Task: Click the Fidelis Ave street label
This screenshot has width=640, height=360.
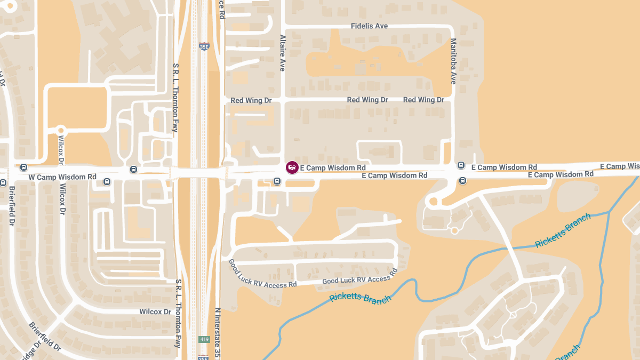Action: click(369, 26)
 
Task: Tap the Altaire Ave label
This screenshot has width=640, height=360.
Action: click(283, 53)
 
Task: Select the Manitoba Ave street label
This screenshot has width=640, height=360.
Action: click(453, 61)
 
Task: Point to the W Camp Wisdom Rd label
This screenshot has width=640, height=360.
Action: click(62, 177)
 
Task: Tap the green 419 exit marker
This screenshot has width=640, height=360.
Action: click(204, 339)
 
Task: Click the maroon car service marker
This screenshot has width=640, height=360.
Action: click(292, 167)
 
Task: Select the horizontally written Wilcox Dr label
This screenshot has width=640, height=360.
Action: click(155, 311)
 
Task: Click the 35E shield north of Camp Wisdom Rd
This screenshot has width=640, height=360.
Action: click(204, 46)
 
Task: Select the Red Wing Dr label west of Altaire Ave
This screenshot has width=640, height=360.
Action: click(251, 100)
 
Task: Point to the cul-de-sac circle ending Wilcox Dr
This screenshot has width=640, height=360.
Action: click(60, 130)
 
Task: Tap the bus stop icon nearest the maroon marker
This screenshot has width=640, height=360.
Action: click(277, 181)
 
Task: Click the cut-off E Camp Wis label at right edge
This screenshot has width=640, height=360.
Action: click(619, 166)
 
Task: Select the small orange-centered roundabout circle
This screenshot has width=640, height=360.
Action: click(454, 230)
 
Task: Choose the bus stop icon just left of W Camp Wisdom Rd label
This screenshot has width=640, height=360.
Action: click(23, 167)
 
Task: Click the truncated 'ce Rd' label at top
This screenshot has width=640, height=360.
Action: click(221, 10)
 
